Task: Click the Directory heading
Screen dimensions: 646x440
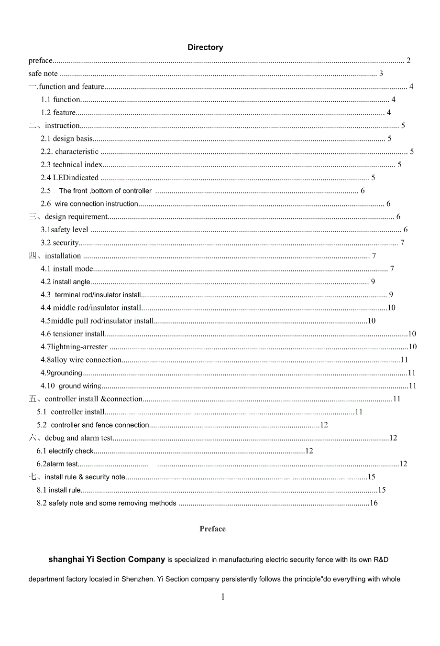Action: (205, 47)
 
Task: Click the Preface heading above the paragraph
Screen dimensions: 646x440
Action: (212, 529)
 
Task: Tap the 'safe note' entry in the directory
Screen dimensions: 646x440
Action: (43, 74)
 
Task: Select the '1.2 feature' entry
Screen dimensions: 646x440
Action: (58, 113)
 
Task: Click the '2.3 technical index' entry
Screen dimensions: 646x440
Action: (71, 165)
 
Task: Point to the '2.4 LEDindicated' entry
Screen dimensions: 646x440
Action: (69, 178)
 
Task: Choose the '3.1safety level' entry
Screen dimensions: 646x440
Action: (65, 230)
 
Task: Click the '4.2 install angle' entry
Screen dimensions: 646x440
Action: (66, 282)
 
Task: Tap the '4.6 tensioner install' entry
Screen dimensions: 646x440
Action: (73, 334)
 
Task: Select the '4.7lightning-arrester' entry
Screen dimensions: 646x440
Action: (74, 347)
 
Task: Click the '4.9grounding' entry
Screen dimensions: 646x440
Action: (61, 373)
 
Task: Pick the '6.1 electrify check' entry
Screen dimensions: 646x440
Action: (65, 451)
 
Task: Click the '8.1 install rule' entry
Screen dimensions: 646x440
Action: (59, 490)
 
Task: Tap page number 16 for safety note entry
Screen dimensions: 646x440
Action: (374, 503)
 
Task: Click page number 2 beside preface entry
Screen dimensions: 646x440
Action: (408, 61)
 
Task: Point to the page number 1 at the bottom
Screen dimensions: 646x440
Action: (223, 597)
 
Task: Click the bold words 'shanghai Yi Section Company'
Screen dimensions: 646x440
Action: (107, 560)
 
